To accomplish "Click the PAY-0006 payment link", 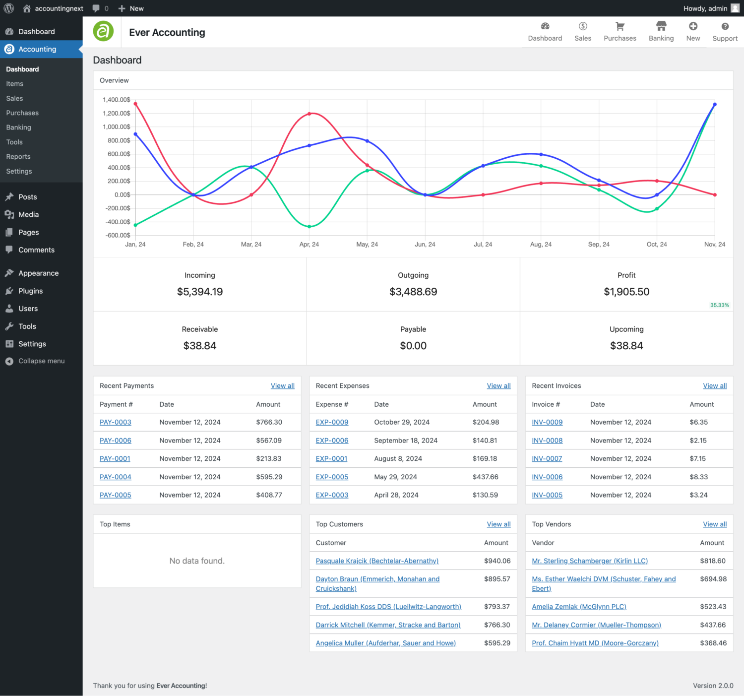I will coord(115,441).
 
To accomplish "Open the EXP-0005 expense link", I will coord(332,477).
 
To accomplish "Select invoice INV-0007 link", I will coord(547,459).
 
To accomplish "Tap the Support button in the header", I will coord(725,31).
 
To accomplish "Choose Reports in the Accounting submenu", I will coord(18,157).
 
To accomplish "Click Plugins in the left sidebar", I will coord(30,291).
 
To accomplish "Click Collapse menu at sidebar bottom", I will coord(41,361).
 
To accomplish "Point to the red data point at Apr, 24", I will coord(310,114).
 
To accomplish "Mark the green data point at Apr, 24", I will coord(310,227).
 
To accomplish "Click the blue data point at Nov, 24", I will coord(715,105).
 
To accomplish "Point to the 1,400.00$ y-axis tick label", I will coord(117,100).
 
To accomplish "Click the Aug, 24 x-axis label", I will coord(541,245).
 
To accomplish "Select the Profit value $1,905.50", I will coord(626,292).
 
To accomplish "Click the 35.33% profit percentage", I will coord(719,305).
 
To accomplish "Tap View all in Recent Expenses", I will coord(498,386).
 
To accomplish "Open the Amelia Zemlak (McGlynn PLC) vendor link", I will coord(579,607).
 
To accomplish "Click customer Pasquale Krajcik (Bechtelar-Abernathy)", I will coord(377,561).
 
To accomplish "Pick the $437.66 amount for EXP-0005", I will coord(485,477).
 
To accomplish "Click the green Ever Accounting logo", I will coord(103,32).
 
